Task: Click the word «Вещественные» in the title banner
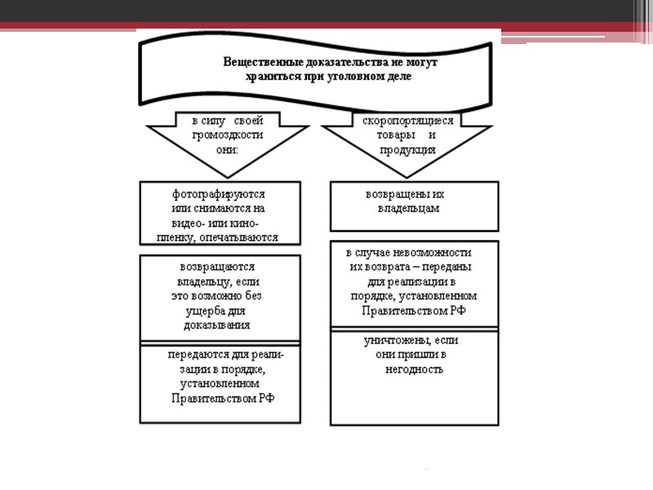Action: click(x=259, y=62)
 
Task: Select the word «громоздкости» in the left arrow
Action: click(x=221, y=136)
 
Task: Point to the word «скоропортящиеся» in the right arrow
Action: click(x=408, y=120)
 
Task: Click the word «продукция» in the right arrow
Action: click(x=407, y=150)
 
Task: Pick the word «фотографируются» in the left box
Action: click(x=220, y=194)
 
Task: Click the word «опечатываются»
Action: click(x=243, y=238)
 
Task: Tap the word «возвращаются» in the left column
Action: click(x=217, y=266)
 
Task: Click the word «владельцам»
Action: click(x=408, y=208)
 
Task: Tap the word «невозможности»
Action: click(x=433, y=252)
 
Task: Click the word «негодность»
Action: click(x=414, y=369)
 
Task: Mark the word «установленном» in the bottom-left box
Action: click(x=221, y=384)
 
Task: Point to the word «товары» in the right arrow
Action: click(x=389, y=135)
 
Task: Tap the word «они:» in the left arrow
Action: click(x=220, y=150)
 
